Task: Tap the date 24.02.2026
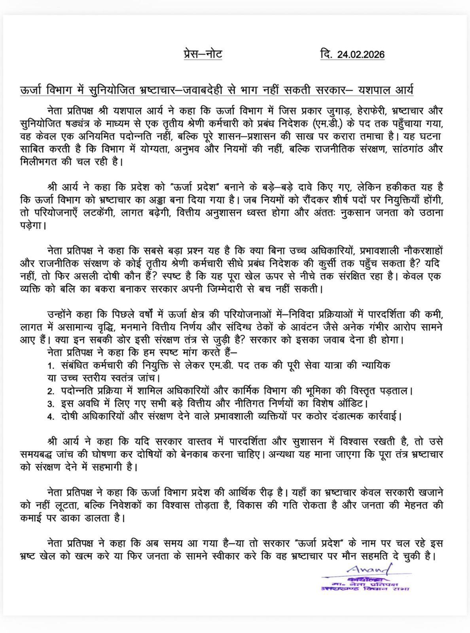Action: (360, 55)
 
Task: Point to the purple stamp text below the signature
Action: (366, 586)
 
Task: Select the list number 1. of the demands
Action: (50, 365)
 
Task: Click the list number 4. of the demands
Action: (50, 417)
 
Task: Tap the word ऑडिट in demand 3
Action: (354, 404)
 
